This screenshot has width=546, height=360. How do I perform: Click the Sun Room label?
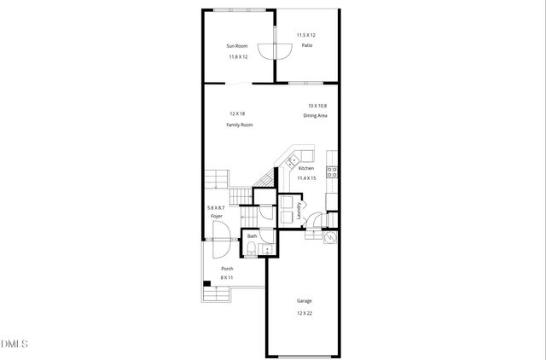point(236,45)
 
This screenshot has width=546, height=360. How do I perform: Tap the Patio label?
point(305,45)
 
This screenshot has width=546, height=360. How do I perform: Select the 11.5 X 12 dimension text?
point(305,35)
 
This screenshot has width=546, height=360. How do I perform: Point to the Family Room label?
point(240,125)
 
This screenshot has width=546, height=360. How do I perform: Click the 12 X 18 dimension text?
point(237,113)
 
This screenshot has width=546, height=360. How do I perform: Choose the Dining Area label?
point(317,115)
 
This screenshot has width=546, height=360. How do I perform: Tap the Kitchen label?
point(306,168)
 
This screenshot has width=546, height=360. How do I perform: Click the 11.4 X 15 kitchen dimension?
point(306,178)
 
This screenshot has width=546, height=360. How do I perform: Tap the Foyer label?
point(217,217)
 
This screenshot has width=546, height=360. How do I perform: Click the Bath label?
point(252,236)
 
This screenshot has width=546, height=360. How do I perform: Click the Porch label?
point(226,269)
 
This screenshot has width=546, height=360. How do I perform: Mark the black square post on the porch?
point(206,284)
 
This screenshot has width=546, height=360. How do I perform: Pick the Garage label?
point(304,301)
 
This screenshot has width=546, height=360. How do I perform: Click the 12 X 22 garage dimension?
point(304,313)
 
